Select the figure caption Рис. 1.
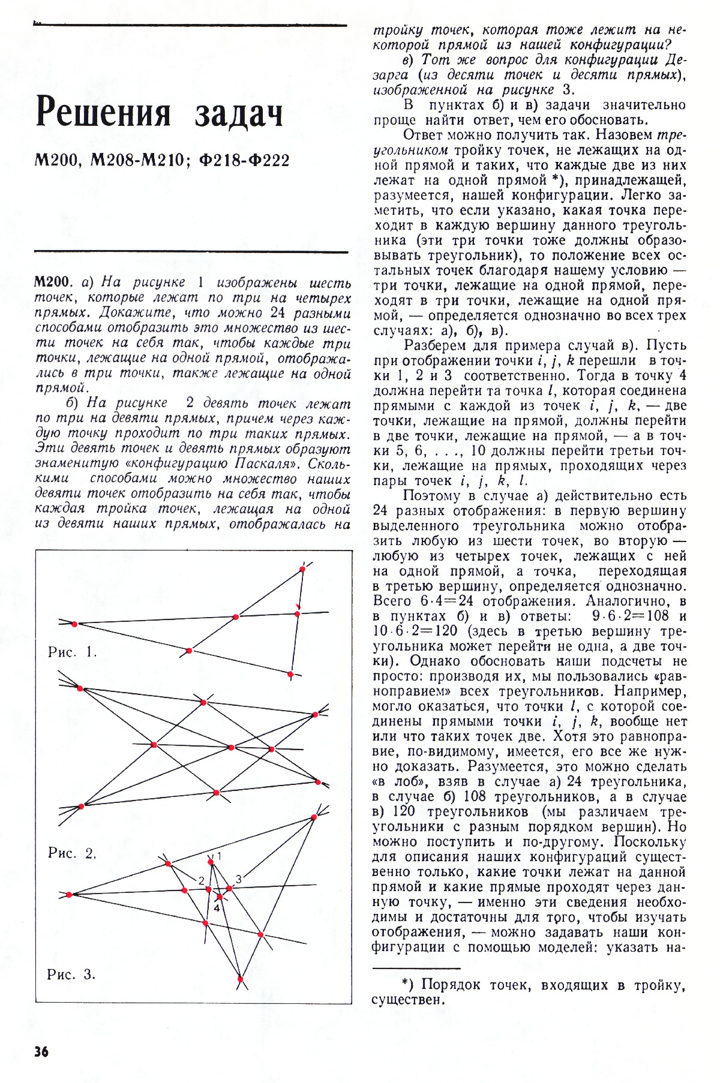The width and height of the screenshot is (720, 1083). (72, 652)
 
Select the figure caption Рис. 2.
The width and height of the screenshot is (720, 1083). (72, 853)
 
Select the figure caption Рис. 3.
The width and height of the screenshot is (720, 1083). (71, 974)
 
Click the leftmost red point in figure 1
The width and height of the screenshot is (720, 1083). (74, 624)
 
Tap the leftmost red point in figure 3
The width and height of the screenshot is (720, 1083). (70, 894)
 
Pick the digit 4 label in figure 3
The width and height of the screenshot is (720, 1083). (216, 908)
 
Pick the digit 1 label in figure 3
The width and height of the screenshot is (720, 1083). (219, 856)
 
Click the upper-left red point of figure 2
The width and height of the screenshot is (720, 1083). (80, 688)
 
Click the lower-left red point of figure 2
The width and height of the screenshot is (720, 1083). (82, 805)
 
